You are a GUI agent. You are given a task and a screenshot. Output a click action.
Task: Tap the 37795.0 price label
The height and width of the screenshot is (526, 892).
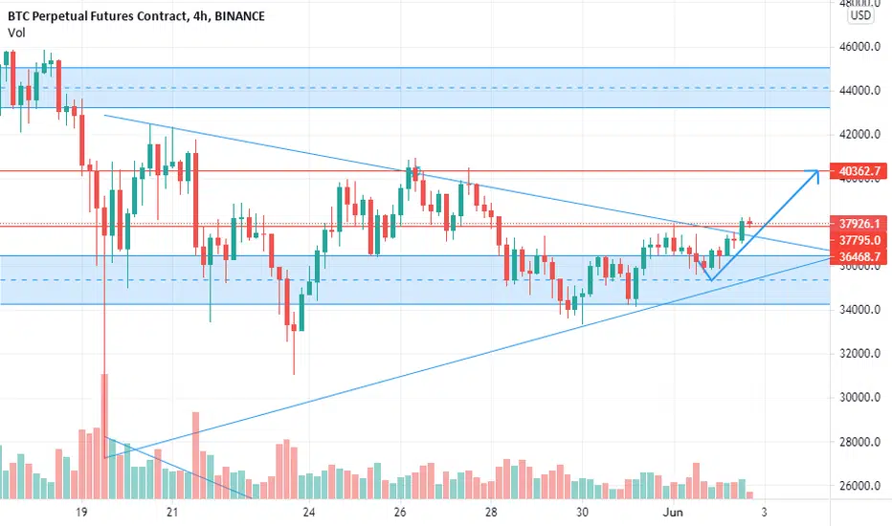(859, 241)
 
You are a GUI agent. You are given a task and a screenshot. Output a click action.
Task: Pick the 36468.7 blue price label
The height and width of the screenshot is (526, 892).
(859, 256)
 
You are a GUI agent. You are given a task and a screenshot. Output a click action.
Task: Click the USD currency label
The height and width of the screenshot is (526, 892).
(860, 15)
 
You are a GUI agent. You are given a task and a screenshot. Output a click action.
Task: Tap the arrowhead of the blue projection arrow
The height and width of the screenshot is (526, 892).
(816, 173)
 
